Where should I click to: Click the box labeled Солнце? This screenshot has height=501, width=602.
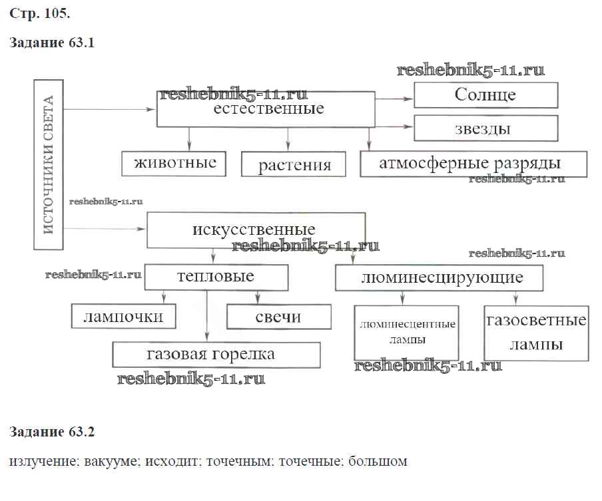(485, 94)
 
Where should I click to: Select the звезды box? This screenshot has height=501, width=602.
(485, 128)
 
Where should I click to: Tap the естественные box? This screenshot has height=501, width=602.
(265, 109)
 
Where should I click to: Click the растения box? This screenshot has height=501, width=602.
(294, 164)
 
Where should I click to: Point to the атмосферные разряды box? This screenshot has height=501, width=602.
(473, 164)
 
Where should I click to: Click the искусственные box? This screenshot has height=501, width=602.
(256, 230)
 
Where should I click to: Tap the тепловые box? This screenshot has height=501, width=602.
(216, 277)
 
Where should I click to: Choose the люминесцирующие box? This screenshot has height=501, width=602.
(439, 277)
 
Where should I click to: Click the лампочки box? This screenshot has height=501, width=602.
(124, 317)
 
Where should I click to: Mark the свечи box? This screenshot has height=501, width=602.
(278, 317)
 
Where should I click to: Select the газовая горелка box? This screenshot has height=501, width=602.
(216, 355)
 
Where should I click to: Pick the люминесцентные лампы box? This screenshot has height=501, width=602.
(406, 332)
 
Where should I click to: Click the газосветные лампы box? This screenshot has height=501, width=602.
(535, 332)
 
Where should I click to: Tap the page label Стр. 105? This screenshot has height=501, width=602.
(40, 13)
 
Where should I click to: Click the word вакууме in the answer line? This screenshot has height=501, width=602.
(110, 461)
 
